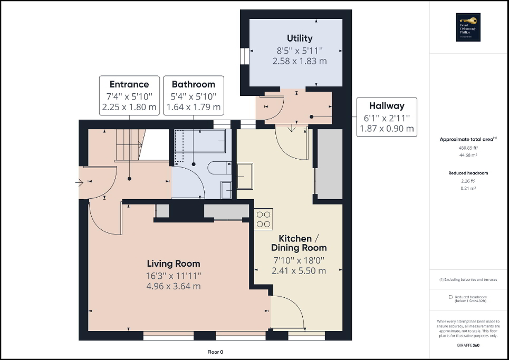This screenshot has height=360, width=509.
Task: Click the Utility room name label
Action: coord(300,38)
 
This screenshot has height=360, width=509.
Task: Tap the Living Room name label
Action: coord(173,264)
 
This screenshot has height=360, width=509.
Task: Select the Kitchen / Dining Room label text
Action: coord(299,243)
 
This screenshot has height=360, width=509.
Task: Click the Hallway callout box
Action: coord(387,117)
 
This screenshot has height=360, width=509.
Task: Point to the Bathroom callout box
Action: coord(193,95)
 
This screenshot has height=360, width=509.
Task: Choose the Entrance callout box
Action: coord(129,95)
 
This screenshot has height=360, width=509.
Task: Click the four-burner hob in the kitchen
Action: coord(263,219)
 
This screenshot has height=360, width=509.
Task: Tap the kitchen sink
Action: coord(245,176)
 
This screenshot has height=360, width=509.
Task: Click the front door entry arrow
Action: coord(79,183)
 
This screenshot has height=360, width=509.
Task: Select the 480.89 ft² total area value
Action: coord(469,148)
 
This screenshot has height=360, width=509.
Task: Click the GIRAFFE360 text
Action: coord(468,345)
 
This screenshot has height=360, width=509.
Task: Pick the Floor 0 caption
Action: coord(215,352)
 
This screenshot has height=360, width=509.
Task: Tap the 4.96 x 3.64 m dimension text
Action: coord(173,286)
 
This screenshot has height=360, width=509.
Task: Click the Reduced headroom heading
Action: coord(468,173)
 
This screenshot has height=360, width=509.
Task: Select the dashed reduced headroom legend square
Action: coord(451,297)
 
